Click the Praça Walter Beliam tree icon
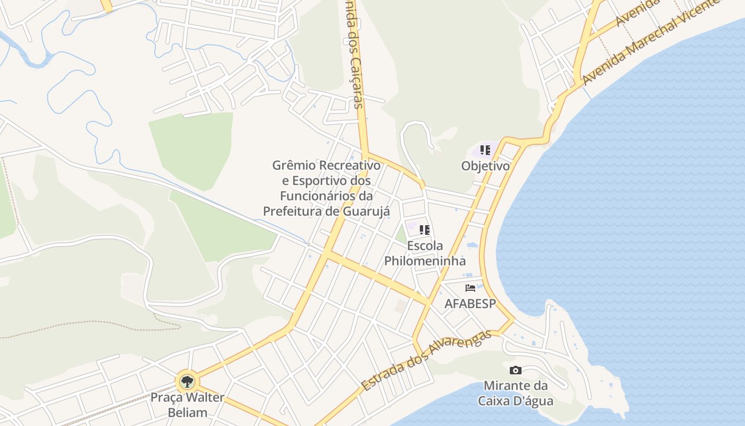187,381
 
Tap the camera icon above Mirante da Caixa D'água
515,370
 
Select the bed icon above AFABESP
470,288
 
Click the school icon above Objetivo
485,150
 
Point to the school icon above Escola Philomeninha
424,230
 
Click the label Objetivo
485,166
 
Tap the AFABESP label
470,304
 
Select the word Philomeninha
425,261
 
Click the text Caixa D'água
515,401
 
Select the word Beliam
187,412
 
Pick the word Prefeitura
292,211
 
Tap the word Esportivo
322,181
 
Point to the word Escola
425,246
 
